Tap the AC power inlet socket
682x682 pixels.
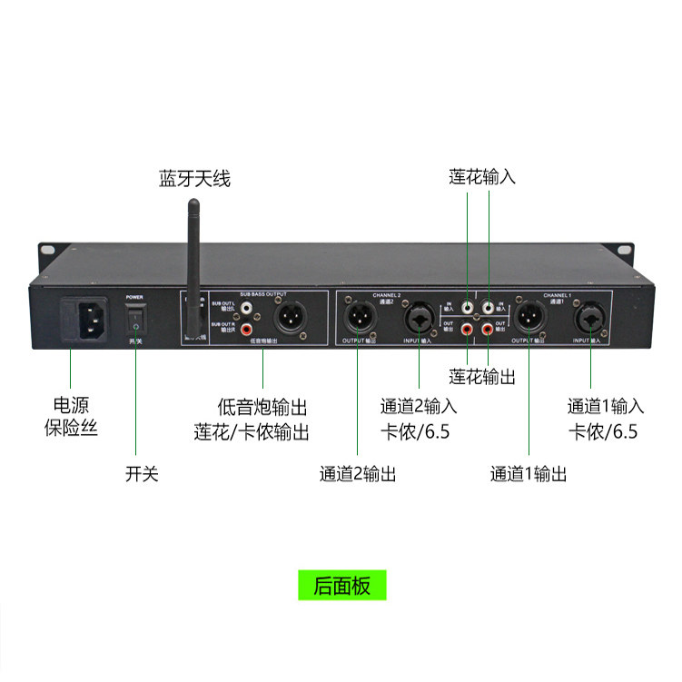[x=84, y=322]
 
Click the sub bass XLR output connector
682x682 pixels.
[x=293, y=318]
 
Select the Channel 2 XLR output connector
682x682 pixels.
[x=357, y=319]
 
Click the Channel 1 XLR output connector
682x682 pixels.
[x=529, y=319]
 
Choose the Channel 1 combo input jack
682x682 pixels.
[x=591, y=319]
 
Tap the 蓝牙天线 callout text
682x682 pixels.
[x=194, y=178]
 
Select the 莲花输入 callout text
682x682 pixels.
[x=482, y=177]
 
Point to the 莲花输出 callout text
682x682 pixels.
[x=482, y=375]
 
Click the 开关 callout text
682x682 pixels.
[x=142, y=473]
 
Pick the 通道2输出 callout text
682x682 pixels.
[x=357, y=473]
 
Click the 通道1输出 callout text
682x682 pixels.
[x=529, y=473]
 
